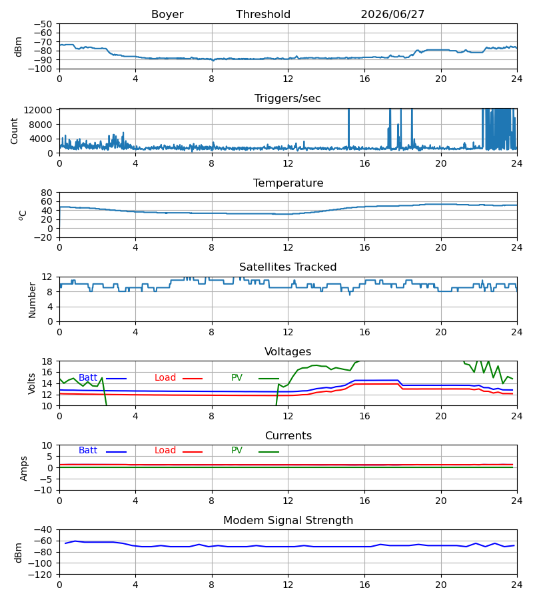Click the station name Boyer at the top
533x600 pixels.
pos(167,15)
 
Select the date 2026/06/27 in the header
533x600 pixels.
pos(392,15)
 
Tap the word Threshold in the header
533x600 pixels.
pos(263,15)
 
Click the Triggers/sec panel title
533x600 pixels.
pos(288,99)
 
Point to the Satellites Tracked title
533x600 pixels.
pos(288,267)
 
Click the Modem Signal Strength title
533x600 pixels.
pos(288,521)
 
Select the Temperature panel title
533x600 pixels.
pos(288,183)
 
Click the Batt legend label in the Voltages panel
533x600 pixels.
pos(88,378)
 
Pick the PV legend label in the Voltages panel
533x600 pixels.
pos(237,378)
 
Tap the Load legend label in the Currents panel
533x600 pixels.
pos(165,451)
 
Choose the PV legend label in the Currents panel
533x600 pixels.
pos(237,451)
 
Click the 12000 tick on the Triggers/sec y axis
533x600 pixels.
pos(38,110)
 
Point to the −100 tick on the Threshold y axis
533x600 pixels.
pos(43,69)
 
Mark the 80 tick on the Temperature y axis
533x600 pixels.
pos(47,193)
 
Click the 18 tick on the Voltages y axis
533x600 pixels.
pos(47,361)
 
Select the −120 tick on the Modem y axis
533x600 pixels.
pos(43,575)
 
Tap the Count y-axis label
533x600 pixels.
pos(14,131)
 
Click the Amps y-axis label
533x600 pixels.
pos(24,469)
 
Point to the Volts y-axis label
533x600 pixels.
pos(31,384)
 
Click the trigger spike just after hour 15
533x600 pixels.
pos(348,128)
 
